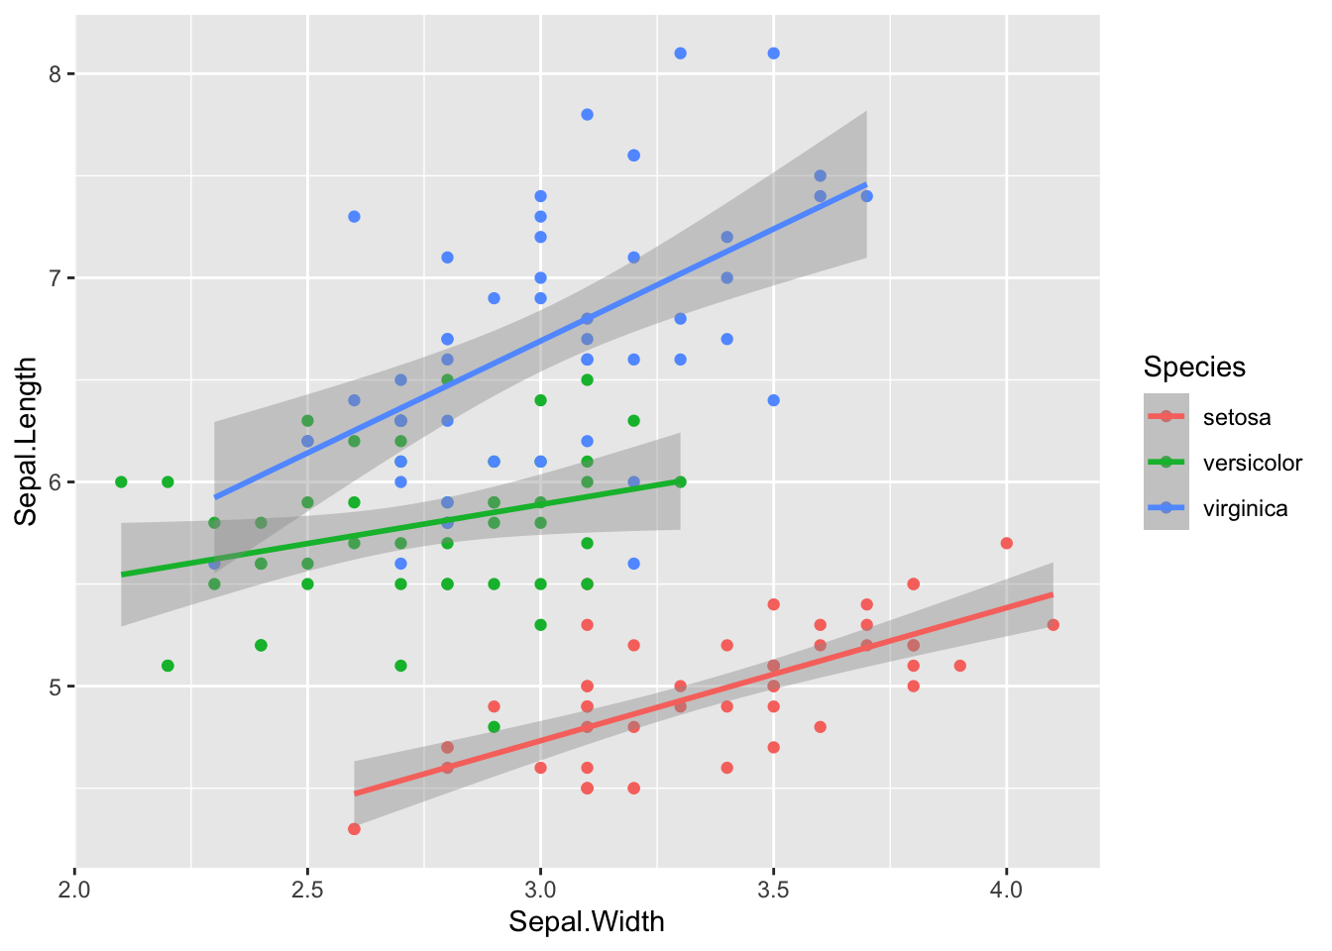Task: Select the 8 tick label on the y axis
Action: click(x=55, y=74)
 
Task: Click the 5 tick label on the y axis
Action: click(x=55, y=687)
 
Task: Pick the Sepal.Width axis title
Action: click(x=587, y=922)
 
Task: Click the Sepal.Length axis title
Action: click(x=26, y=441)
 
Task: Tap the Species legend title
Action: click(x=1194, y=368)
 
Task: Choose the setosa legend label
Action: click(x=1237, y=417)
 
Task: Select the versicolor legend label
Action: click(x=1253, y=463)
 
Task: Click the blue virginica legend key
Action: click(x=1166, y=508)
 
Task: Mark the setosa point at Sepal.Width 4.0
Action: click(x=1007, y=543)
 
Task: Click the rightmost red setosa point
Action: click(x=1053, y=625)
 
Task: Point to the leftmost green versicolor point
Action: click(x=121, y=482)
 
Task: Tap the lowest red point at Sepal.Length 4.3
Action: click(x=354, y=829)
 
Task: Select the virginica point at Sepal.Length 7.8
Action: click(x=587, y=115)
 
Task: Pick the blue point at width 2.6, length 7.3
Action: click(x=354, y=216)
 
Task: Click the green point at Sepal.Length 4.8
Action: click(x=494, y=727)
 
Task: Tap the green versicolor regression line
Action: click(x=396, y=527)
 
